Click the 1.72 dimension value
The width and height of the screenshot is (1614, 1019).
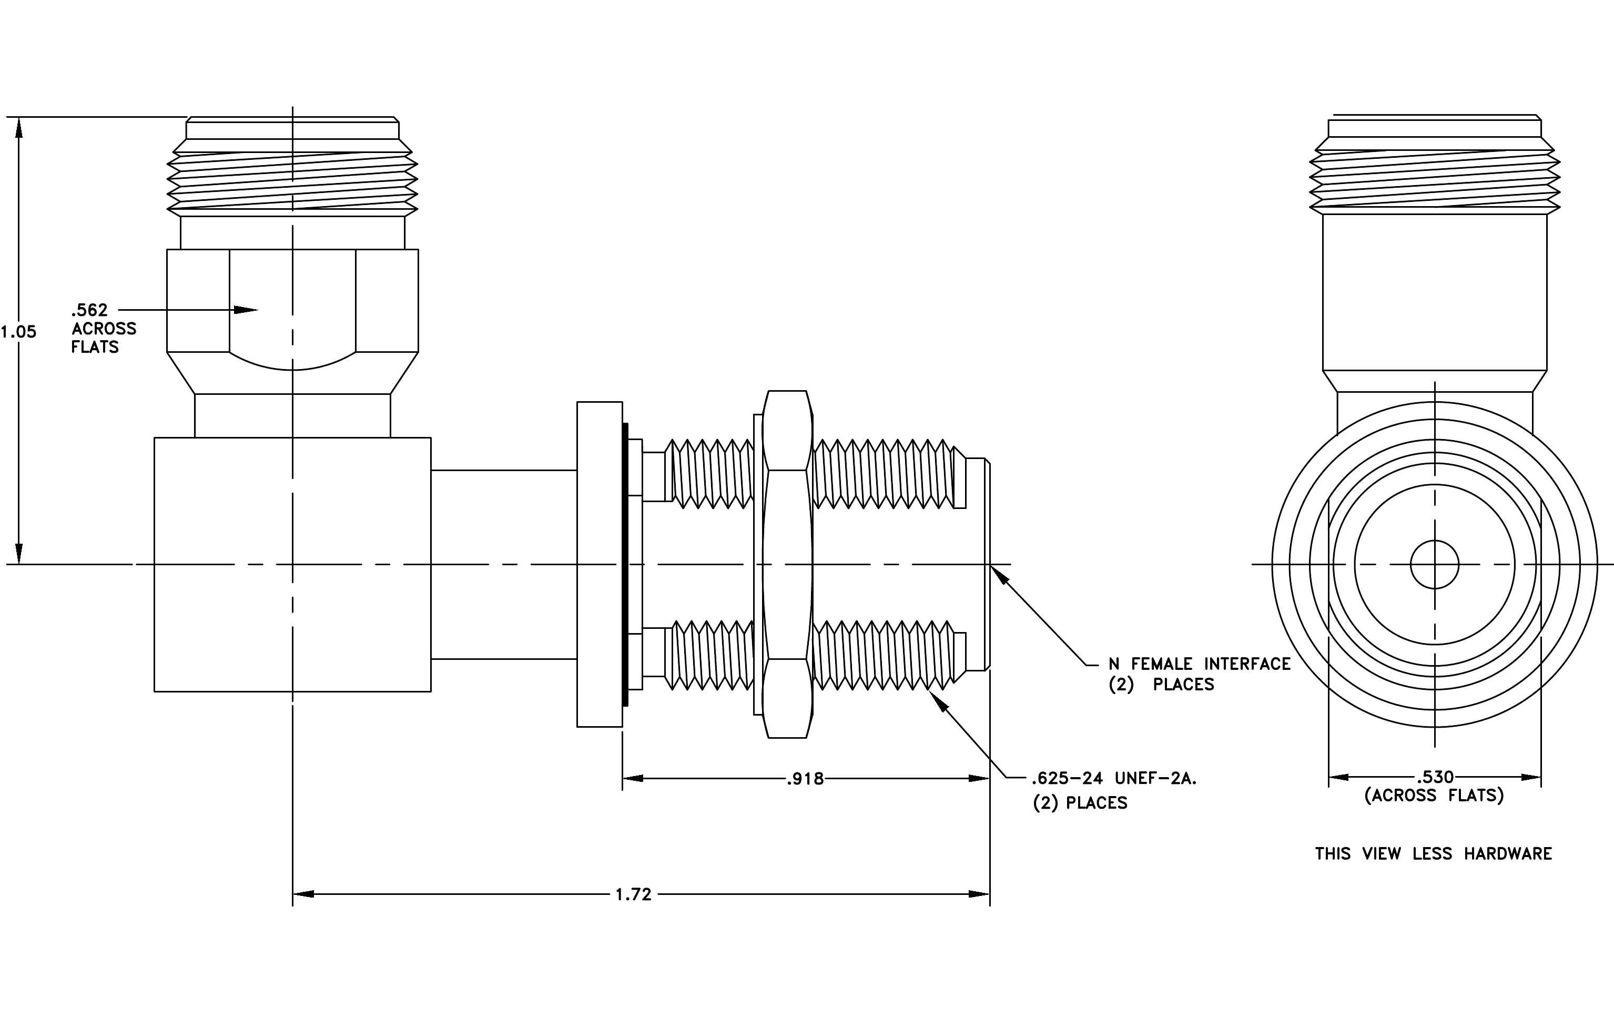633,894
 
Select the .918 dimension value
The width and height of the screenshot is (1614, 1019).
805,779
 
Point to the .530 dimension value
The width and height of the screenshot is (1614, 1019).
1435,777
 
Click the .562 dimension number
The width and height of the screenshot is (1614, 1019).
89,310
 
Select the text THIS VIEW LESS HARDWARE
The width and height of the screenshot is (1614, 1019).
1434,853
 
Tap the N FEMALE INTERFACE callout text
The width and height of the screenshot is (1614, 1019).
1200,664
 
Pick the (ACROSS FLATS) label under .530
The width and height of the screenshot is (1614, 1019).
1434,795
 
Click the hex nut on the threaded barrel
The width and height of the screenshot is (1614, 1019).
788,565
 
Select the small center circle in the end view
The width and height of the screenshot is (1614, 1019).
1434,565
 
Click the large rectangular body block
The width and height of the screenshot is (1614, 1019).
292,565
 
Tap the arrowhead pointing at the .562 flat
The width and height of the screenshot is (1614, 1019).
246,310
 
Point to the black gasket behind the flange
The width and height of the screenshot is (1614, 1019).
625,565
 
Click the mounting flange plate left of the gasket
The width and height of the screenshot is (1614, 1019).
600,565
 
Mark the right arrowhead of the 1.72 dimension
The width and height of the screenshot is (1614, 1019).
979,894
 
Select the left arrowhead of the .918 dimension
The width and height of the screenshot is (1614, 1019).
633,779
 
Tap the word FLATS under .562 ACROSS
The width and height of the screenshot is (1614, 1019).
95,347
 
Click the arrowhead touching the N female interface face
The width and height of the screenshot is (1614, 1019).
999,575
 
